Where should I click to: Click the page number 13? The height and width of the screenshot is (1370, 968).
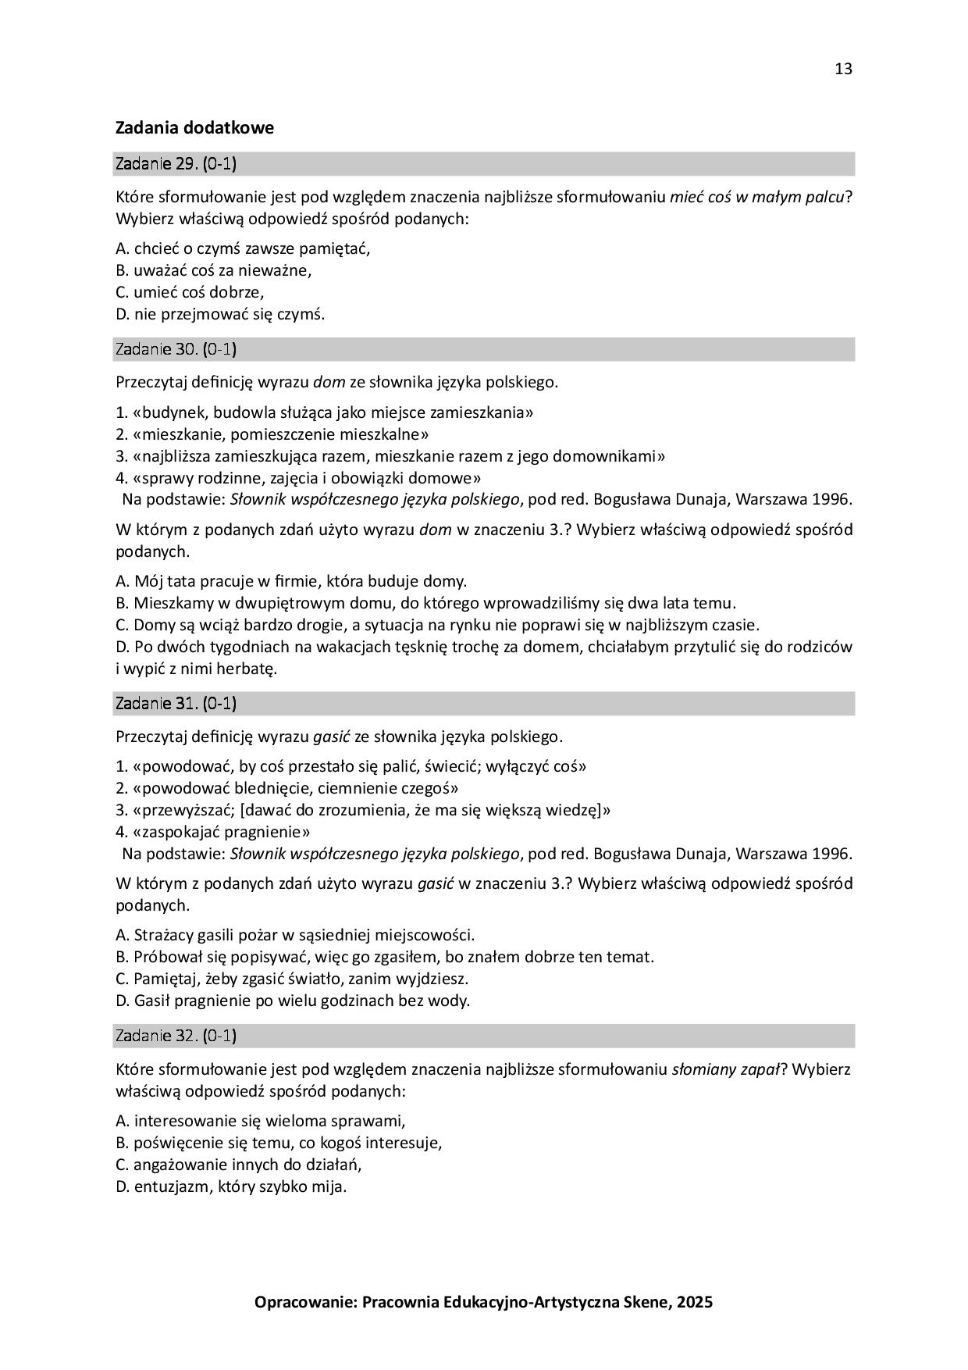pos(843,69)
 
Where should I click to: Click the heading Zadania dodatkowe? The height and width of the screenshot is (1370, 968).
pos(194,127)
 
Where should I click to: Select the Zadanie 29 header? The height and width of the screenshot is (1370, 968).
pos(176,164)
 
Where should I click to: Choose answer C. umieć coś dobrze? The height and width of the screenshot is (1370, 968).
pos(190,293)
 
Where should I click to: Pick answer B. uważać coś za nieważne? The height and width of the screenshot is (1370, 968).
pos(213,271)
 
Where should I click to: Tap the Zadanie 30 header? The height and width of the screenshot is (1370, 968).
pos(176,349)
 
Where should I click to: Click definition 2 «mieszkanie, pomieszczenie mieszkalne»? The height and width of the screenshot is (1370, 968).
pos(272,434)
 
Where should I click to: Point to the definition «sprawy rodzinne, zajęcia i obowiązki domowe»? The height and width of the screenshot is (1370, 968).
pos(298,478)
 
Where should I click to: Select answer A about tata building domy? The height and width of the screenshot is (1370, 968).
pos(290,581)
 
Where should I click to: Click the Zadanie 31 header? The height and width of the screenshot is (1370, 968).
pos(176,703)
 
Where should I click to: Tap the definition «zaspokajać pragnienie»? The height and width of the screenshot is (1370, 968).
pos(213,832)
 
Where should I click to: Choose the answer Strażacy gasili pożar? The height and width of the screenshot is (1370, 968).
pos(295,935)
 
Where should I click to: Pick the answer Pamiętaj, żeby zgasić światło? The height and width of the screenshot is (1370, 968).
pos(292,979)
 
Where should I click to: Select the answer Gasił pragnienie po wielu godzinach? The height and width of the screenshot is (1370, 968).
pos(293,1001)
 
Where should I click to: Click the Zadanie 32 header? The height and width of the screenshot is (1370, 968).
pos(176,1036)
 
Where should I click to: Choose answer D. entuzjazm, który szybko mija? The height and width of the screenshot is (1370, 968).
pos(231,1186)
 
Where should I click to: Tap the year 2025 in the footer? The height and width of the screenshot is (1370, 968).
pos(694,1302)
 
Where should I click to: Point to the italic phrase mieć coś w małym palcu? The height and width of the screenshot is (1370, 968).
pos(757,197)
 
